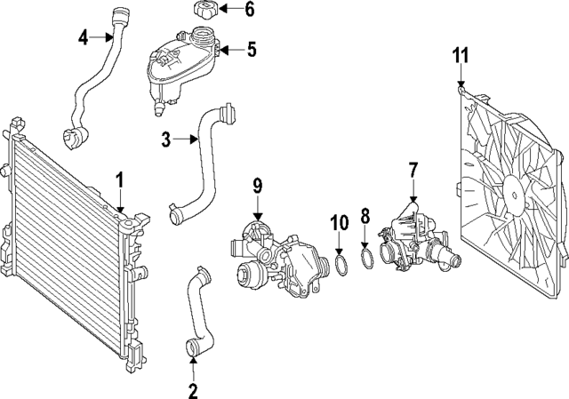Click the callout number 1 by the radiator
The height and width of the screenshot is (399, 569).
click(118, 180)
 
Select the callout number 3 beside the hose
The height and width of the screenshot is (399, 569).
click(166, 139)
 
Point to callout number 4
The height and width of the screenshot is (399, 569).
click(83, 37)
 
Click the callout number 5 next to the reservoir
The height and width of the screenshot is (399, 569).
click(252, 50)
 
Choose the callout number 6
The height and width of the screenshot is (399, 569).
click(249, 11)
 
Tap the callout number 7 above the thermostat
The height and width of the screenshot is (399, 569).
click(413, 168)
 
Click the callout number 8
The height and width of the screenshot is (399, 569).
click(365, 215)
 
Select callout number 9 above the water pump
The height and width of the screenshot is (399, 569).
click(257, 185)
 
